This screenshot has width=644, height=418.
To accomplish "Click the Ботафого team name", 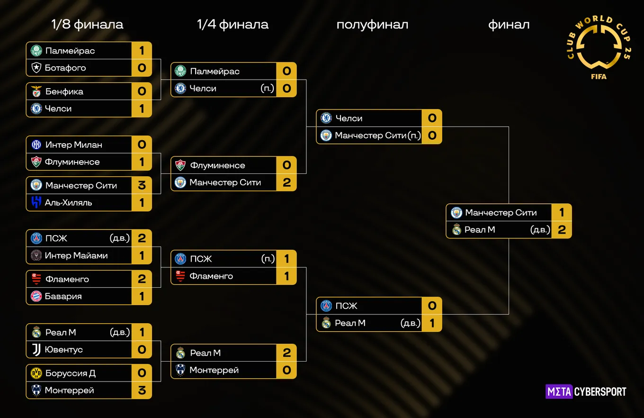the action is (x=65, y=68).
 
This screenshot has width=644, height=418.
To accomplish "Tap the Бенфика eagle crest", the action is (x=36, y=91).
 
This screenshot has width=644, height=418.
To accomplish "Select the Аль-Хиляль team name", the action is (x=68, y=202).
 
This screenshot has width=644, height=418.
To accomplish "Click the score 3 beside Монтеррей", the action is (x=142, y=390).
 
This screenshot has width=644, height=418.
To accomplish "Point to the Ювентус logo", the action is (x=36, y=350).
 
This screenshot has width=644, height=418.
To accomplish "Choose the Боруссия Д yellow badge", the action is (x=36, y=373).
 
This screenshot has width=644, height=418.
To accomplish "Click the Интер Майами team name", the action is (x=76, y=255).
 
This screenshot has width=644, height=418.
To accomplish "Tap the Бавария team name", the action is (x=63, y=296).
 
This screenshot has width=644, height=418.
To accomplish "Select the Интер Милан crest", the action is (x=36, y=145).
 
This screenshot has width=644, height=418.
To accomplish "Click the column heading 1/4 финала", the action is (x=233, y=25).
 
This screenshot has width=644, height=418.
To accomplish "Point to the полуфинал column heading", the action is (x=372, y=25).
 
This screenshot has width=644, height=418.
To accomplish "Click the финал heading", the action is (x=509, y=25).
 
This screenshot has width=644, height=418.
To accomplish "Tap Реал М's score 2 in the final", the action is (x=562, y=229).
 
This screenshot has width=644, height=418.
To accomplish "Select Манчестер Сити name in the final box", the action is (x=501, y=213).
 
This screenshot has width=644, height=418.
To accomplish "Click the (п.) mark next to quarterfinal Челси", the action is (x=268, y=88).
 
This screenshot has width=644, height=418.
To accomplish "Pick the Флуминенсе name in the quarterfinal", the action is (x=218, y=165).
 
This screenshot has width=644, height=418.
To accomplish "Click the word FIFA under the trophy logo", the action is (x=599, y=76).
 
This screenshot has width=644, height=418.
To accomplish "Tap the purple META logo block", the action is (x=559, y=391).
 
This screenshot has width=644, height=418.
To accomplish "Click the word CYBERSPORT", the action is (x=600, y=391).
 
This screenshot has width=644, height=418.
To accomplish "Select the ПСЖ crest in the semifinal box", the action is (x=326, y=306).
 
